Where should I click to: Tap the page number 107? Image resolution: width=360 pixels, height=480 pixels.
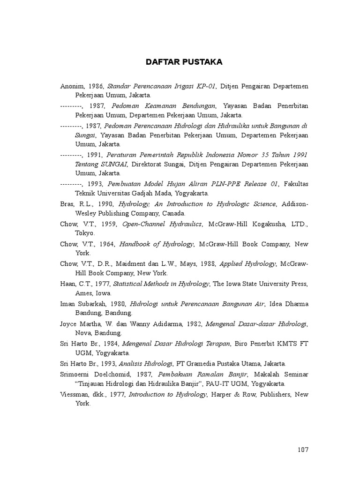(303, 450)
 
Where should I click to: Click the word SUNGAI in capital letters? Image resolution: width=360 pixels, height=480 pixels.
(115, 165)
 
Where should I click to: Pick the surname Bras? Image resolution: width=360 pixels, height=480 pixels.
(67, 204)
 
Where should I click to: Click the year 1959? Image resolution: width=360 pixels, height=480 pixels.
(110, 225)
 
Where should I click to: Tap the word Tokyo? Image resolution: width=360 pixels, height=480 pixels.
(85, 233)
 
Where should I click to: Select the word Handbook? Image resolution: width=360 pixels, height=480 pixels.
(135, 244)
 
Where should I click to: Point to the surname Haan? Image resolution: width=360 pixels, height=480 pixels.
(67, 284)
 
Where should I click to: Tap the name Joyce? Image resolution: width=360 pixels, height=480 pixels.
(69, 323)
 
